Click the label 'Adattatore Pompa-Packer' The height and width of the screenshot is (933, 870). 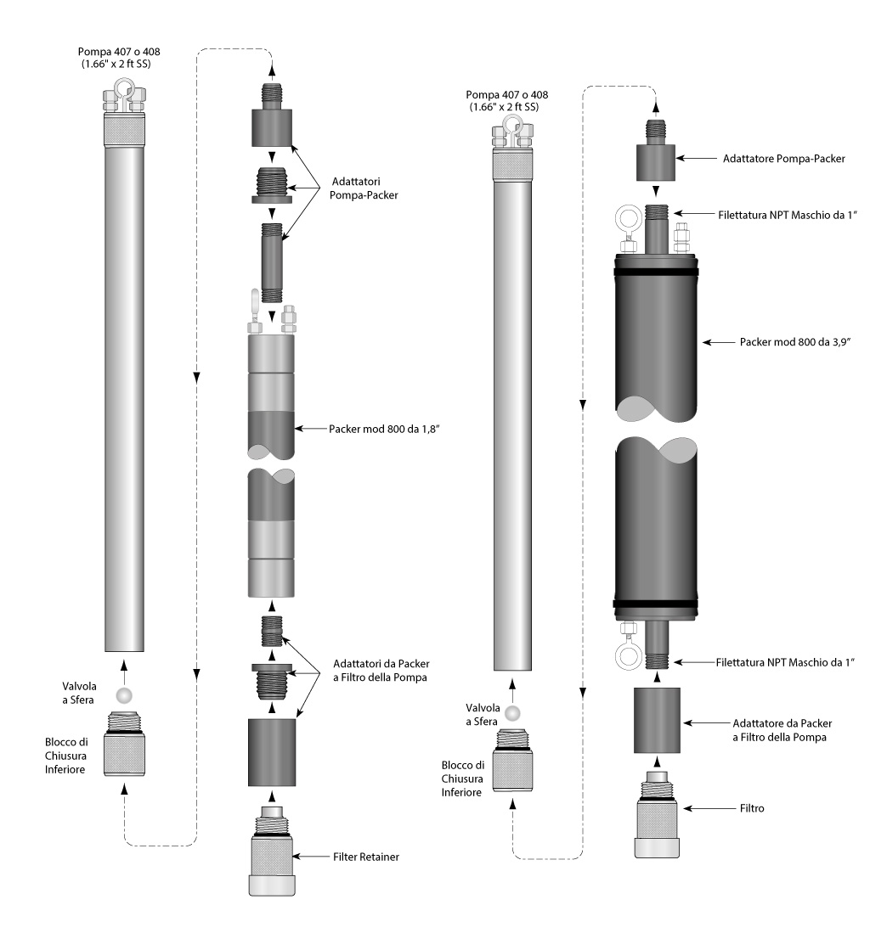[x=782, y=158]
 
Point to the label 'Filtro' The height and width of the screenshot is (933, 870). [x=753, y=809]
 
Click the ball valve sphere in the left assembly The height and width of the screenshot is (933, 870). [x=125, y=694]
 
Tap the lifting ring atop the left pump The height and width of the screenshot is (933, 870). [x=125, y=88]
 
